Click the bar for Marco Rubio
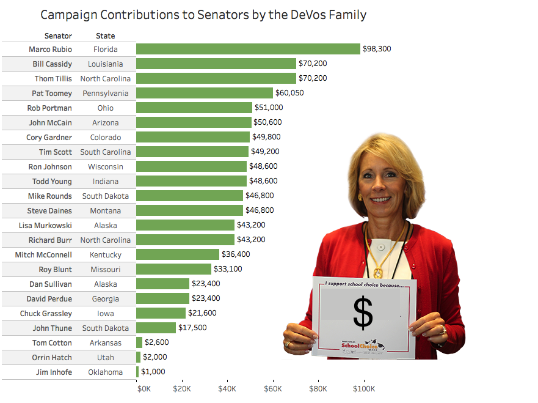[x=248, y=49]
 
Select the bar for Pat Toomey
[x=205, y=93]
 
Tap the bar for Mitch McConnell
[x=178, y=254]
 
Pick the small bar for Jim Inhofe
[x=137, y=372]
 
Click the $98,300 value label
[x=377, y=49]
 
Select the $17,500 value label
[x=192, y=328]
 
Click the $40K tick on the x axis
[x=227, y=388]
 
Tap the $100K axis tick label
[x=365, y=388]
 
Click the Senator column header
[x=58, y=36]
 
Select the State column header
[x=106, y=36]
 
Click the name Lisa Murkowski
[x=50, y=225]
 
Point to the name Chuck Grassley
[x=49, y=313]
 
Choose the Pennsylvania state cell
[x=106, y=93]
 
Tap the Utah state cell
[x=106, y=357]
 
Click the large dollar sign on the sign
[x=363, y=312]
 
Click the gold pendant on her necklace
[x=379, y=272]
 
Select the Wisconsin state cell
[x=106, y=166]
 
